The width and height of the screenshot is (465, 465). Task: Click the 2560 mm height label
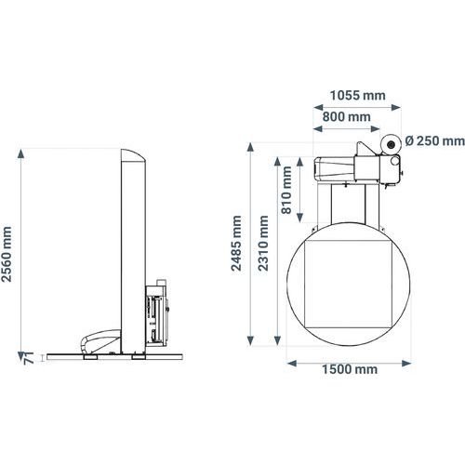(x=7, y=254)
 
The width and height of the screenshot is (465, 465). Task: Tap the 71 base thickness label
(x=29, y=358)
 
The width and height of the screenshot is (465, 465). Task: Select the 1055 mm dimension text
(x=357, y=96)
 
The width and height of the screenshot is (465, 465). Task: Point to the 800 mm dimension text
(x=347, y=117)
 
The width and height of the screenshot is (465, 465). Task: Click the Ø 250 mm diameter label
(x=434, y=141)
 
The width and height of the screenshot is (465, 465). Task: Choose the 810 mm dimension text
(x=286, y=190)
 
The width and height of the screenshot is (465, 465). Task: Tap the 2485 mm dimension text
(x=236, y=244)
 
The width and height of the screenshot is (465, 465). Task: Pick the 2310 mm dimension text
(x=263, y=244)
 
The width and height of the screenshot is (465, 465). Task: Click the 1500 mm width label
(x=350, y=369)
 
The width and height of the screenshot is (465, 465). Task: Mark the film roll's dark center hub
(x=391, y=144)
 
